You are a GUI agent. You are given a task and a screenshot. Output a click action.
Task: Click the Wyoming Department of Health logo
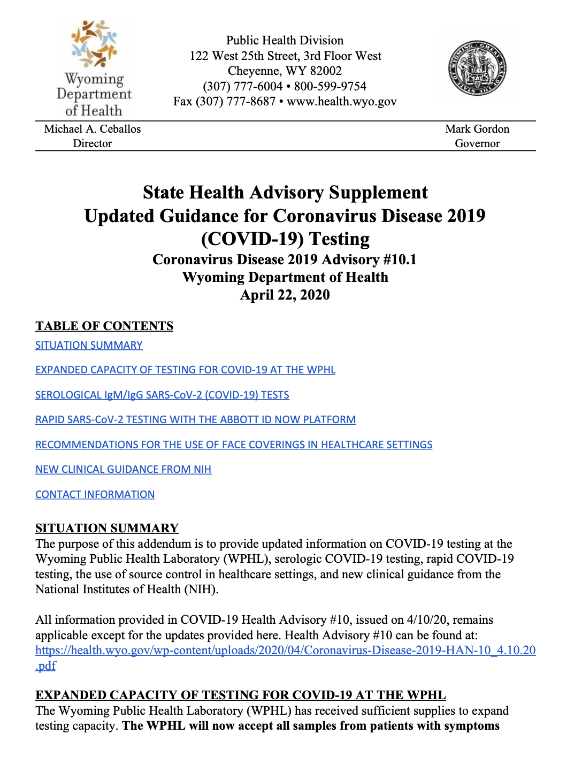click(94, 69)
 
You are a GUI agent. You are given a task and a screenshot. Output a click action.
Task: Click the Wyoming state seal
click(477, 68)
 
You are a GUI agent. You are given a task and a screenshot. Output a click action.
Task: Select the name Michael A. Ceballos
click(93, 129)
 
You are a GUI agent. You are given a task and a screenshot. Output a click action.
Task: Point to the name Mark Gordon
click(477, 129)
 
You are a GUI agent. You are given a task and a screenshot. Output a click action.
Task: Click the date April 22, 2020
click(285, 295)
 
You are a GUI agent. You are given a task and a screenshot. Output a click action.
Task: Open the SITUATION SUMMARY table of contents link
click(89, 346)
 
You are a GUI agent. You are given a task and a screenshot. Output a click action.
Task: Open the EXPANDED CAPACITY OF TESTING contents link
click(185, 370)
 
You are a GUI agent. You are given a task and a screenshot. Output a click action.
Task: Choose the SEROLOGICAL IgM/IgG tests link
click(162, 395)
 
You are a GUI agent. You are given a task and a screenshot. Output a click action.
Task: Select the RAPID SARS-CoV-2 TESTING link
click(195, 420)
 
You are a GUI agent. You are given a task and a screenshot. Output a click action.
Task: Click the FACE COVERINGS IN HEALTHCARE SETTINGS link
click(234, 445)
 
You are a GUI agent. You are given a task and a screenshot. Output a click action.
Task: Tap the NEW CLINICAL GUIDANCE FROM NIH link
click(123, 470)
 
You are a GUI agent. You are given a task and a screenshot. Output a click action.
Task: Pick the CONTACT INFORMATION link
click(95, 495)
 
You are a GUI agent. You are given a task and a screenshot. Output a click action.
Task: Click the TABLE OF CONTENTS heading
click(104, 326)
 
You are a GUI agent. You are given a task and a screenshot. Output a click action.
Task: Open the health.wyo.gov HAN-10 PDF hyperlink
click(285, 651)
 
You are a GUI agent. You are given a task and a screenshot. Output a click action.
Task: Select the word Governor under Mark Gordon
click(477, 143)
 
